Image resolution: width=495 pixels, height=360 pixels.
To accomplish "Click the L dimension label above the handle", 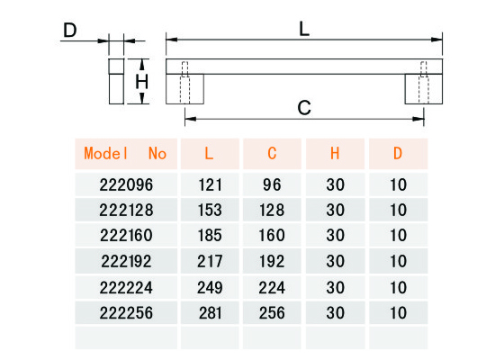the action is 304,30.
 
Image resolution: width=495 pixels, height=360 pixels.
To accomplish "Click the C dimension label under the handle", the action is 304,108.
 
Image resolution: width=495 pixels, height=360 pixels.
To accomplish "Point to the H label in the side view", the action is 141,82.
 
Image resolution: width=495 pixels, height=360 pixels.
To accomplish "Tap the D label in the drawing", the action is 70,30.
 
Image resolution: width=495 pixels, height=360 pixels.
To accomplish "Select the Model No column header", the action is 125,154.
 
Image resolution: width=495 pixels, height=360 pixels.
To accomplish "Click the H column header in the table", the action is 335,154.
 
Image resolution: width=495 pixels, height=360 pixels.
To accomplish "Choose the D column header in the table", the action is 398,154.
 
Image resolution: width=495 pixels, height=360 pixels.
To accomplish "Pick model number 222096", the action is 126,184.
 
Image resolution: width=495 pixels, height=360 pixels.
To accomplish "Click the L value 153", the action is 210,210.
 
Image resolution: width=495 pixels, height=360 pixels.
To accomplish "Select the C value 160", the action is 272,236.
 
